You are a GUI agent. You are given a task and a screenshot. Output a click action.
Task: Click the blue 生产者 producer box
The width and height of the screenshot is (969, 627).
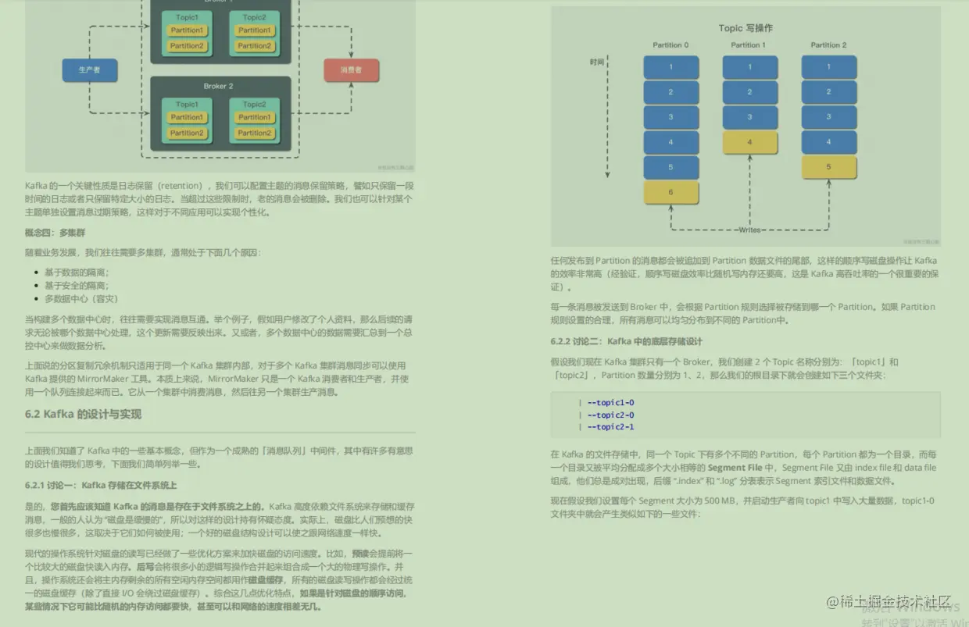point(89,70)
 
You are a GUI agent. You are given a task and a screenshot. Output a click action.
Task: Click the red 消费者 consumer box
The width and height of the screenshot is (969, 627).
point(351,70)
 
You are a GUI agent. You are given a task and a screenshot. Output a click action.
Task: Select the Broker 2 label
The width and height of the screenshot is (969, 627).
point(218,86)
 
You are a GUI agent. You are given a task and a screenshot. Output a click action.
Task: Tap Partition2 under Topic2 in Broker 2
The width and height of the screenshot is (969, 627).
point(255,133)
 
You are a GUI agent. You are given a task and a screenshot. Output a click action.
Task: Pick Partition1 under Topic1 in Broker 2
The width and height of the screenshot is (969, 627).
point(187,117)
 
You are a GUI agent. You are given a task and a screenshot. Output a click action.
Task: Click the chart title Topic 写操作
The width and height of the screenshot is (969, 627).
point(746,28)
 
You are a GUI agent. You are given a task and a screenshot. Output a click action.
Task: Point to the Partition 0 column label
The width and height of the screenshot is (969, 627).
point(670,45)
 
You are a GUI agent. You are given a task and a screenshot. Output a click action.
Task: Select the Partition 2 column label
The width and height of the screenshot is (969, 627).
point(828,45)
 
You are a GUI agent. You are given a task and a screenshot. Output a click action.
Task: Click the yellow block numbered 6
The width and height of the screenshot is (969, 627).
point(670,192)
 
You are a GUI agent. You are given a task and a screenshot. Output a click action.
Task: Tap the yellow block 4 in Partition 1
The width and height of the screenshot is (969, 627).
point(749,142)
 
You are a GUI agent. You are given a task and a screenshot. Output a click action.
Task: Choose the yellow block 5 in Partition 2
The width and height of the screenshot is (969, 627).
point(828,167)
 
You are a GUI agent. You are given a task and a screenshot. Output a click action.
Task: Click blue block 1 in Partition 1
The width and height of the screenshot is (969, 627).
point(749,67)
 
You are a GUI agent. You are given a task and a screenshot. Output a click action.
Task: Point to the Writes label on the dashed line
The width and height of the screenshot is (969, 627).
point(749,230)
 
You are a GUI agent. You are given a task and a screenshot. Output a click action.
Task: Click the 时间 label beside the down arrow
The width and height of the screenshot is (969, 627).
point(597,62)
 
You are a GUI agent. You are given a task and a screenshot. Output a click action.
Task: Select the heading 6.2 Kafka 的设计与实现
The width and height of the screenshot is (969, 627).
point(83,414)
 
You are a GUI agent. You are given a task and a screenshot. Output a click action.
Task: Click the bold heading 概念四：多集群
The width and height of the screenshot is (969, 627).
point(55,233)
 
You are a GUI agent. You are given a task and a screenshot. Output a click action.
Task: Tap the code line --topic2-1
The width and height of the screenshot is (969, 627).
point(610,427)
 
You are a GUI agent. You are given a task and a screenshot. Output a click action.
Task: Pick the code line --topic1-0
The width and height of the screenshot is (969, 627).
point(610,403)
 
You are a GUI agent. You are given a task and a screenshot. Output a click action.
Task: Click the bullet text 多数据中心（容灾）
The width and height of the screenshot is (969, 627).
point(81,298)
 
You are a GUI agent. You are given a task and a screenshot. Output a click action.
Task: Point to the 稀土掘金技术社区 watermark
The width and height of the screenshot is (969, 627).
point(894,603)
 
